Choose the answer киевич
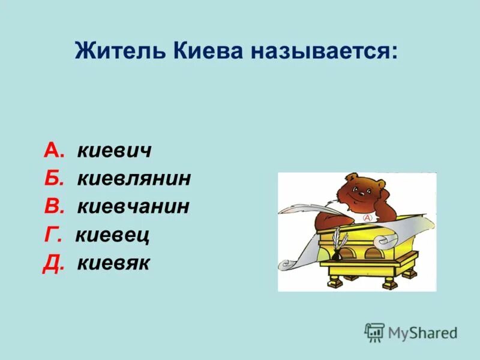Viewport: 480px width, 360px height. (x=114, y=151)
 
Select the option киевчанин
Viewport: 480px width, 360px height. (x=133, y=206)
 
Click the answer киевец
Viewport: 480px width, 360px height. (x=112, y=235)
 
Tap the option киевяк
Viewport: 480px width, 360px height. (x=113, y=263)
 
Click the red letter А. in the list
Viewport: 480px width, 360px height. (x=54, y=151)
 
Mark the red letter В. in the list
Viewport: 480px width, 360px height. (x=54, y=206)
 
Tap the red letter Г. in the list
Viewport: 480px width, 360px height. (x=52, y=235)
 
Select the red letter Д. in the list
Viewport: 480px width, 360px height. (x=53, y=263)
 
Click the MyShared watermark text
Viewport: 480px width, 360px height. (x=422, y=332)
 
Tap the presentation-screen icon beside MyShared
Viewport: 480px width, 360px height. (x=374, y=332)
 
